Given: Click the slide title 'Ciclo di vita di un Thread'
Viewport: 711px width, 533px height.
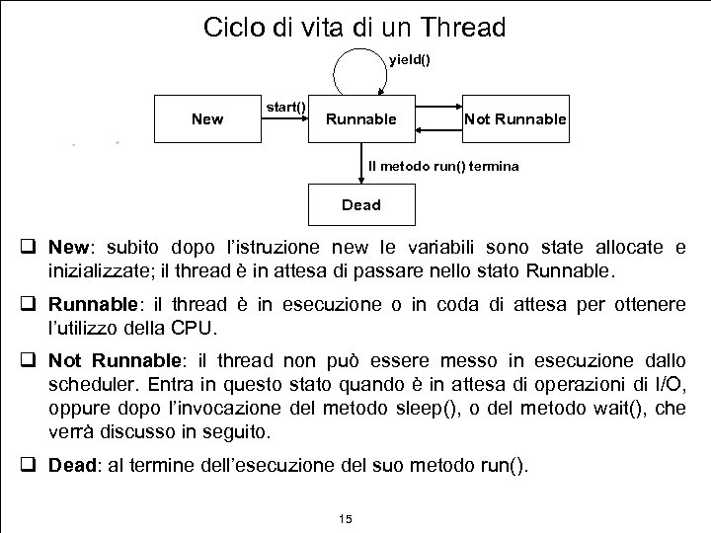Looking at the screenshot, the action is point(354,27).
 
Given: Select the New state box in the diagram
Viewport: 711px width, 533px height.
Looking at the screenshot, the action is point(206,119).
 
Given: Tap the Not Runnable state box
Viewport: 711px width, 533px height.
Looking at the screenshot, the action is point(514,119).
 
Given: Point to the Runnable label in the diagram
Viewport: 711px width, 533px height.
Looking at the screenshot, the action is point(361,119).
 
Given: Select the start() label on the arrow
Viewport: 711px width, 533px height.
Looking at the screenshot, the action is point(286,106).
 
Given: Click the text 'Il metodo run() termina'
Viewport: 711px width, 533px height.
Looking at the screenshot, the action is point(443,166).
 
